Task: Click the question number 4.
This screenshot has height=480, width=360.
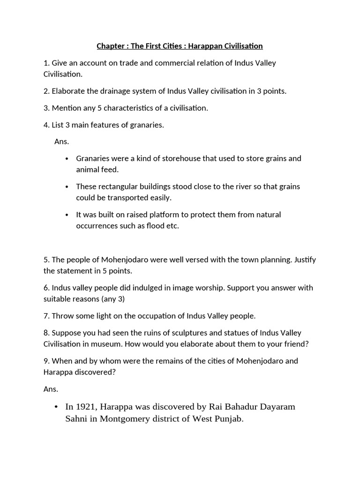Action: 46,125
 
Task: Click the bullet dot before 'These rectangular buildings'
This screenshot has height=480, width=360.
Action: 67,187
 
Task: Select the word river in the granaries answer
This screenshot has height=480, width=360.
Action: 232,187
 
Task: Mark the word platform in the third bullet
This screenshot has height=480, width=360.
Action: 156,215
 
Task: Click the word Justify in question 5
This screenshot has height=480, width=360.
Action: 305,260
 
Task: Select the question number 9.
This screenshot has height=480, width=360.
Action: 46,361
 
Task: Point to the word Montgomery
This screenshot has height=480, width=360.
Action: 123,419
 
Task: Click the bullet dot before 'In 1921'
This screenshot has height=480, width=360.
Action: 56,406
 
